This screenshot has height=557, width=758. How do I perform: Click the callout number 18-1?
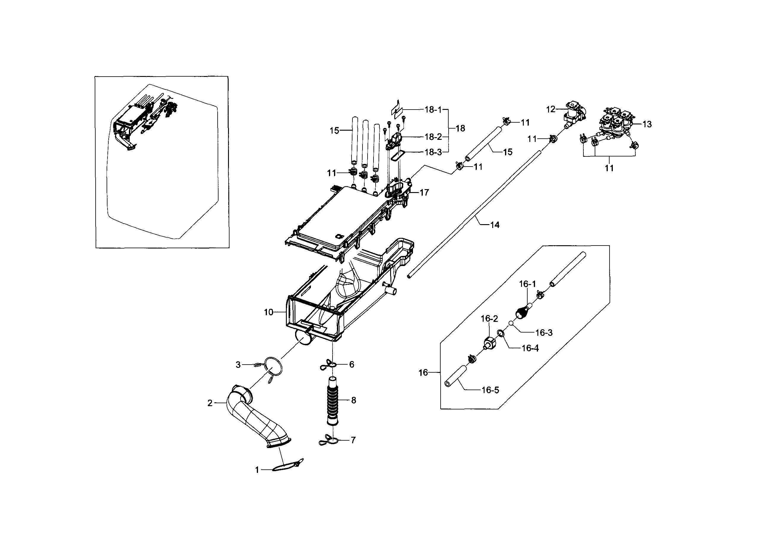(x=433, y=110)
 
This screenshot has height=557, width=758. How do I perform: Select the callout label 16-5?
(x=490, y=390)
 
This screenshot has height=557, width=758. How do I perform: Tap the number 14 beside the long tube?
(x=495, y=225)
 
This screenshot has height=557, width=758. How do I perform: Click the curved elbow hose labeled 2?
(x=256, y=418)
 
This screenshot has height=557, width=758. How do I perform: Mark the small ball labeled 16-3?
(x=511, y=323)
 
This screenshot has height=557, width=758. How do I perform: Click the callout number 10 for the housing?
(x=268, y=312)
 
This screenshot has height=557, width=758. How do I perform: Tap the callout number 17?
(x=424, y=192)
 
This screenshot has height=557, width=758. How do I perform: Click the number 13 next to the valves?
(x=647, y=124)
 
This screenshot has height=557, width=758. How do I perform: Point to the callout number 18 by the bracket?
(x=460, y=129)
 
